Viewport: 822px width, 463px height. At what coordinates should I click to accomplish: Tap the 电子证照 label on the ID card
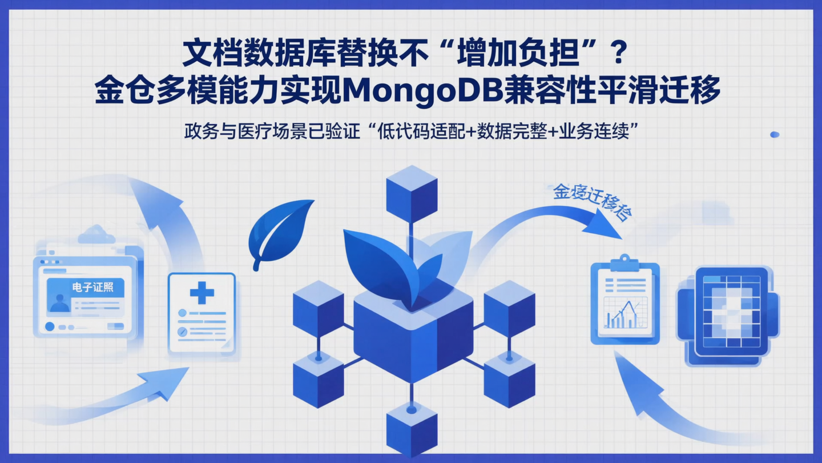pyautogui.click(x=93, y=288)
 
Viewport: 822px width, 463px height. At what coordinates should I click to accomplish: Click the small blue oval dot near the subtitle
pyautogui.click(x=775, y=134)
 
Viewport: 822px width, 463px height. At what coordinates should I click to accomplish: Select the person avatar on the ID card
pyautogui.click(x=59, y=303)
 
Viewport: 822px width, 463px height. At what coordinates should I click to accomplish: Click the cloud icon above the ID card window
pyautogui.click(x=96, y=234)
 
